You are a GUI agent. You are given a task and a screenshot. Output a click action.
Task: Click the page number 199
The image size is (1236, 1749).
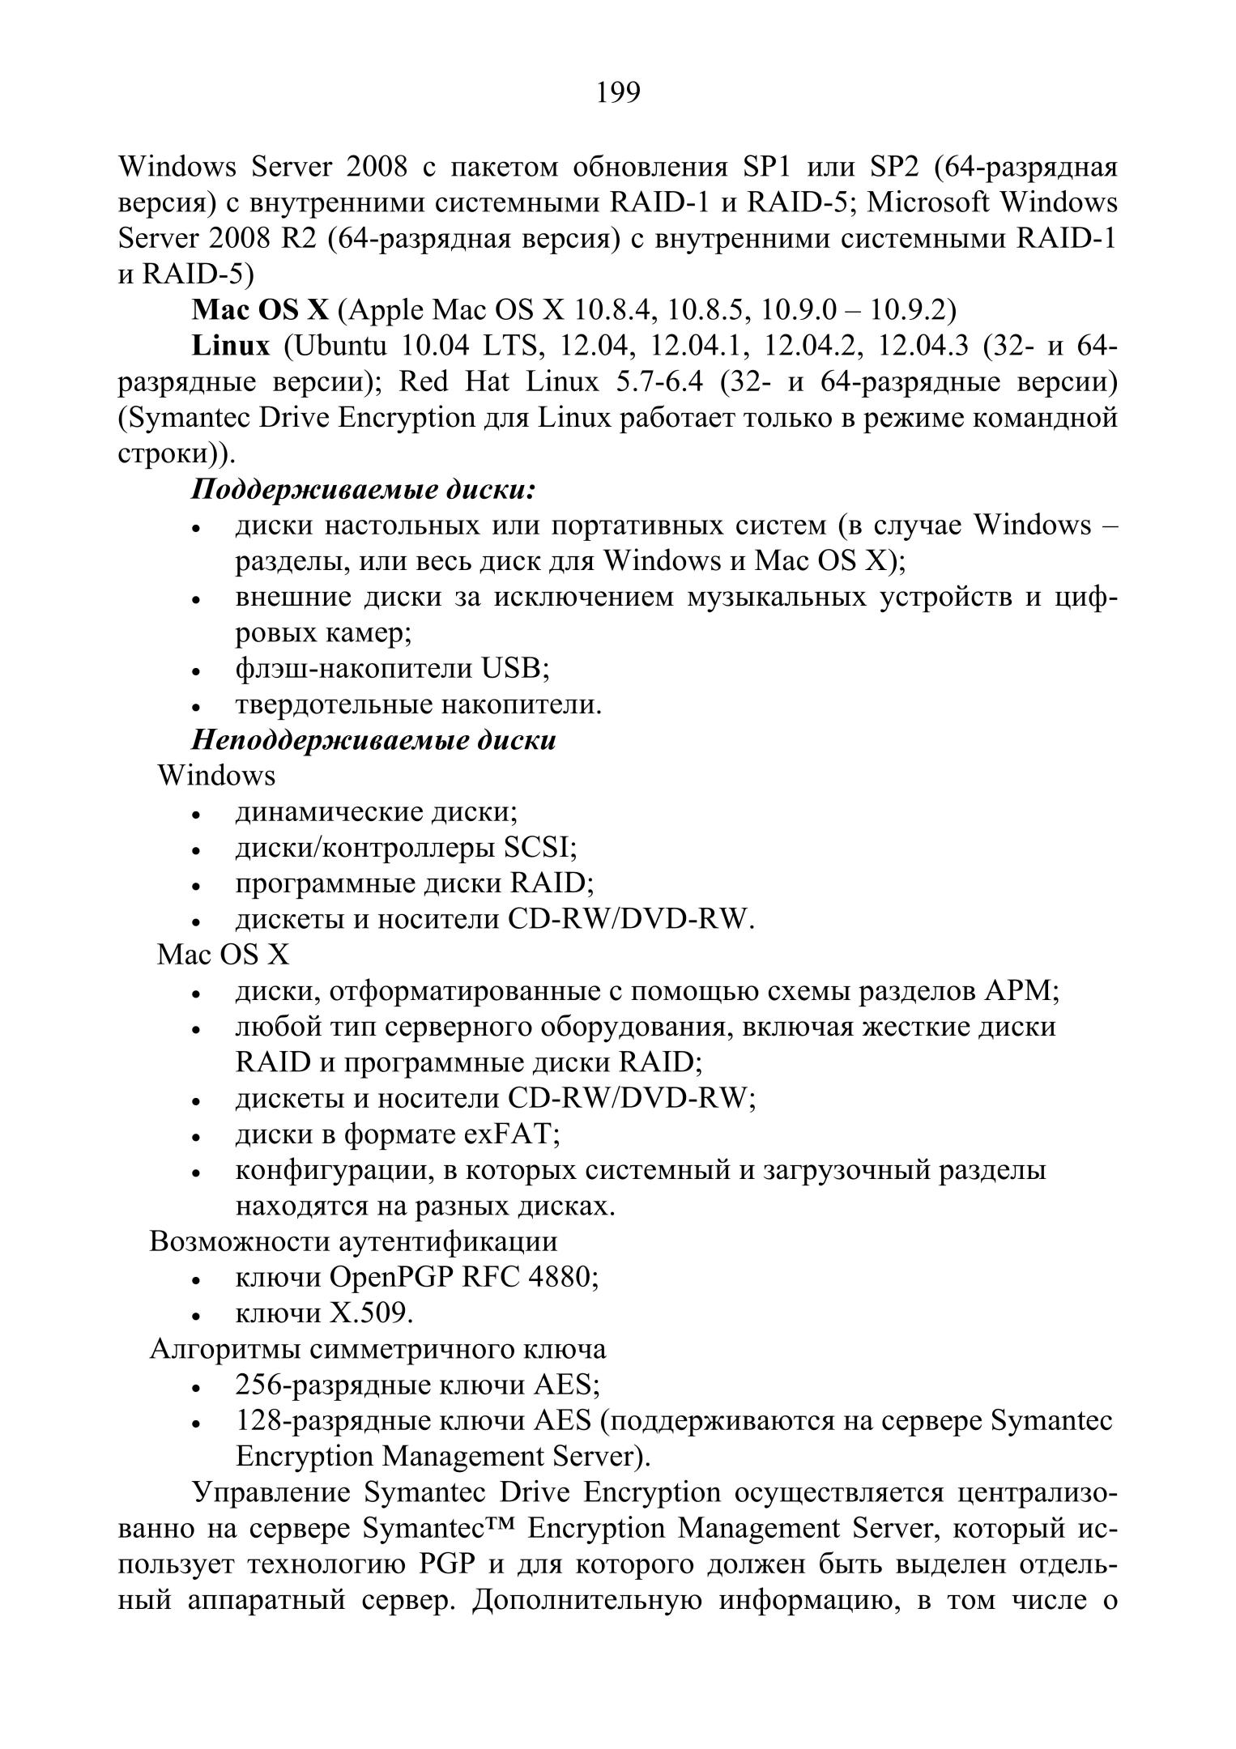(618, 93)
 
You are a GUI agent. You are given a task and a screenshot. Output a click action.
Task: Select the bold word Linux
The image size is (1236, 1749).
(231, 347)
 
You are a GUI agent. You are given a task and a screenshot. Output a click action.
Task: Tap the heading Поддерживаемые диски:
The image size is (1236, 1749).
(364, 490)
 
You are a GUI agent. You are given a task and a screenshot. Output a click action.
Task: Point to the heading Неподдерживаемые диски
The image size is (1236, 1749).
(373, 740)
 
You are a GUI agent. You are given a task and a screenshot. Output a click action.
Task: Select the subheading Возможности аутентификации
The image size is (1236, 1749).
(353, 1241)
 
